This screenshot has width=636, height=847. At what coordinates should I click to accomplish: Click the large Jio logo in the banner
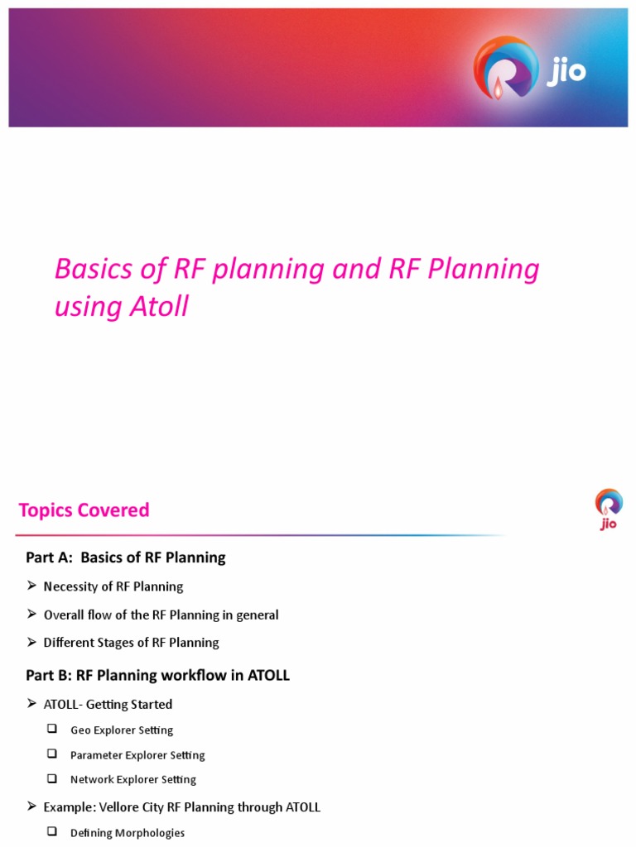pos(528,69)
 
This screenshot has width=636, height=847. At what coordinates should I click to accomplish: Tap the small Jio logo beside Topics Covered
pos(608,508)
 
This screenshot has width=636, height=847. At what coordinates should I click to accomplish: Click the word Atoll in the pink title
pos(159,307)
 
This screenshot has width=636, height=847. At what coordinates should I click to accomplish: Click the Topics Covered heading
pos(84,510)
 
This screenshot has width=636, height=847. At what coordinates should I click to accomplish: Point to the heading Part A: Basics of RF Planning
pos(126,557)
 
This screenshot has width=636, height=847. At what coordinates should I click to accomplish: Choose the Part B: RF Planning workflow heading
pos(157,675)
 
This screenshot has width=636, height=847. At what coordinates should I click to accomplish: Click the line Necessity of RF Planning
pos(113,586)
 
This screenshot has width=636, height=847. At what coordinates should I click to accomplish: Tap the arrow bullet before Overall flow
pos(31,615)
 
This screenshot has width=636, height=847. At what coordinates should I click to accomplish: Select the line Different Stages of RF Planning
pos(131,643)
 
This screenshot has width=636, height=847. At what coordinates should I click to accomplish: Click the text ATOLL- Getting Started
pos(108,705)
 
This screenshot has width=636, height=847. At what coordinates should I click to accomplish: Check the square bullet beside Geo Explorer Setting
pos(52,730)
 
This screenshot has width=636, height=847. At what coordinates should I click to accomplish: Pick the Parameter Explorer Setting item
pos(137,755)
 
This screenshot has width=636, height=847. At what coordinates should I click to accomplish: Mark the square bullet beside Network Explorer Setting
pos(52,779)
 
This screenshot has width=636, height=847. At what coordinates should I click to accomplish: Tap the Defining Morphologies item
pos(128,833)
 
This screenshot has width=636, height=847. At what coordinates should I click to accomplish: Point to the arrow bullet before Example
pos(31,806)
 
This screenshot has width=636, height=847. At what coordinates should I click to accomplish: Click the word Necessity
pos(71,586)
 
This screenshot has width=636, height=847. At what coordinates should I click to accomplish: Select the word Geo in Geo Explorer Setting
pos(80,730)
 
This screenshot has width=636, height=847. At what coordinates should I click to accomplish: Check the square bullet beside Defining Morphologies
pos(52,832)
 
